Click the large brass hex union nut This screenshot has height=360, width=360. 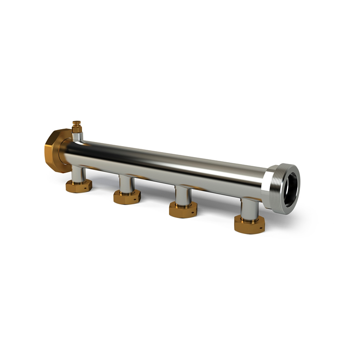click(x=54, y=151)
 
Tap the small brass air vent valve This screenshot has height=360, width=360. click(x=76, y=126)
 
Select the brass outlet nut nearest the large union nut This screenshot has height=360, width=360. click(x=78, y=186)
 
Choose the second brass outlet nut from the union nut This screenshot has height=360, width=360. click(x=127, y=196)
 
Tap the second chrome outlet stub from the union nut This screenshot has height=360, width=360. click(x=126, y=184)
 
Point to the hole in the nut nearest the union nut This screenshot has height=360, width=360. click(x=87, y=187)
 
